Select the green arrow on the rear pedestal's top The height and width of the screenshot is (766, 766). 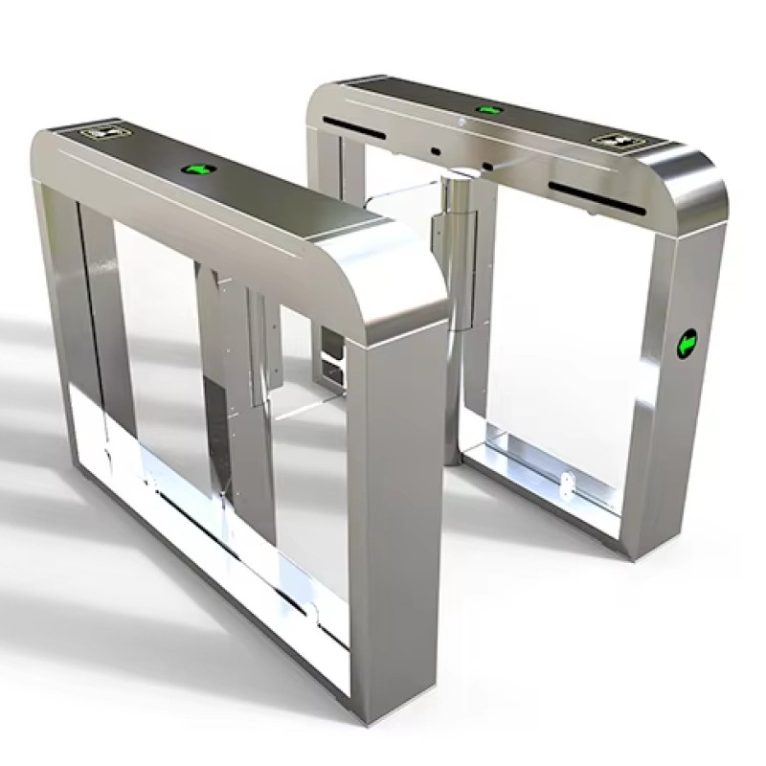click(x=489, y=109)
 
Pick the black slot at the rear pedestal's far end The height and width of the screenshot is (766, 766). click(x=349, y=125)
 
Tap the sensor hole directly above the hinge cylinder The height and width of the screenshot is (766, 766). click(x=435, y=151)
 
